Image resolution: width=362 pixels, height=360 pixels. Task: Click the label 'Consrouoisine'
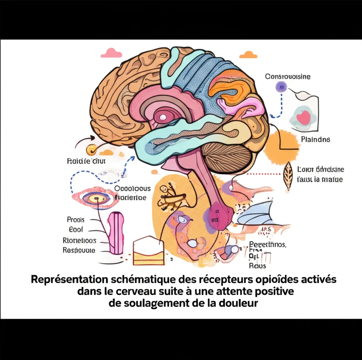(x=288, y=76)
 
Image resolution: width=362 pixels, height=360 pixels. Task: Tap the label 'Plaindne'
(x=315, y=140)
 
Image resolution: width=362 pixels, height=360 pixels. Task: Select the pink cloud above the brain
(x=111, y=53)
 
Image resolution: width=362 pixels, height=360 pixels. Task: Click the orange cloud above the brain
(x=248, y=55)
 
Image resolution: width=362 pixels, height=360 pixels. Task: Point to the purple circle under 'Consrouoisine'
(x=281, y=85)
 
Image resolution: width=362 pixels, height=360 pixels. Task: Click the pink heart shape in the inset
(x=303, y=117)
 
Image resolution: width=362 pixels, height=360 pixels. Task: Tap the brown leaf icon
(x=288, y=175)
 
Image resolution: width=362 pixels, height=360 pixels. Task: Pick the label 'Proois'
(x=76, y=220)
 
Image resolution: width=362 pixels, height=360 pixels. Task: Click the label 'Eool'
(x=76, y=230)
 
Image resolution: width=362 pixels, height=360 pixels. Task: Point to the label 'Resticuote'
(x=79, y=250)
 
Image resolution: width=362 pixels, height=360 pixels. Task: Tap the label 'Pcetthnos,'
(x=267, y=244)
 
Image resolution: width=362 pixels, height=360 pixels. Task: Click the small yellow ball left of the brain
(x=92, y=149)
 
